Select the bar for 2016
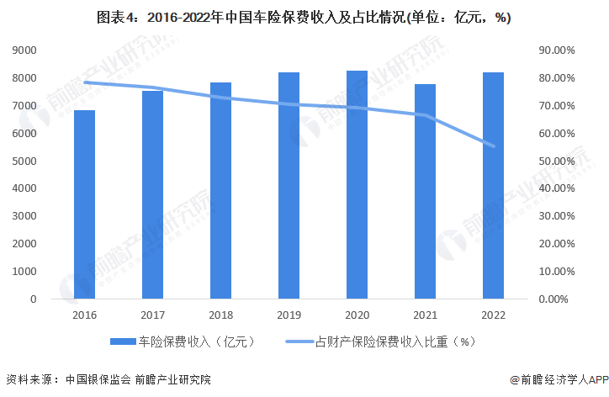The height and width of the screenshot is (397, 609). [x=84, y=204]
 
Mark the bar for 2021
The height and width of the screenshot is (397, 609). [x=425, y=191]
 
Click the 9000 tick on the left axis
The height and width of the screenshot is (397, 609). [x=24, y=50]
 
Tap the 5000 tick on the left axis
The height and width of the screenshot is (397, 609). [x=24, y=161]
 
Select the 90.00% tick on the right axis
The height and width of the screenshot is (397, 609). [x=556, y=50]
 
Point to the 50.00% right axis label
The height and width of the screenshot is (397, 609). [x=556, y=161]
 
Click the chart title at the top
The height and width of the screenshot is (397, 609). [x=304, y=16]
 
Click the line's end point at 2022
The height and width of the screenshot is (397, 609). [x=493, y=146]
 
